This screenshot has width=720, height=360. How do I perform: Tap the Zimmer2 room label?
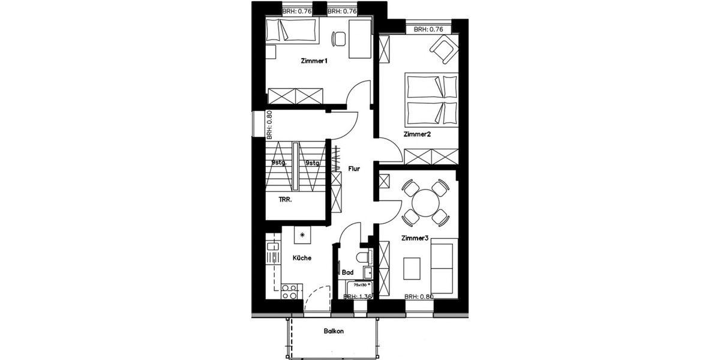[x=417, y=134]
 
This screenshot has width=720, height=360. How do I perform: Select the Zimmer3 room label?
[x=414, y=238]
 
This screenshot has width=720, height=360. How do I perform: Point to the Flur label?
[x=354, y=169]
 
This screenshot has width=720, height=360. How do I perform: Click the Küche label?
[x=301, y=259]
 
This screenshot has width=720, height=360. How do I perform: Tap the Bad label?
[x=347, y=272]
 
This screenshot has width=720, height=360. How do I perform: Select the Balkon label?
[x=334, y=331]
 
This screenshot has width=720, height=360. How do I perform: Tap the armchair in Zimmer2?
[x=445, y=49]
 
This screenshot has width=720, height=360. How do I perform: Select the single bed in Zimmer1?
[x=291, y=30]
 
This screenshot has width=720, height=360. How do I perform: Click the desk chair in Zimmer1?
[x=339, y=38]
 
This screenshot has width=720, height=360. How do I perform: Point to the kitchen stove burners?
[x=289, y=292]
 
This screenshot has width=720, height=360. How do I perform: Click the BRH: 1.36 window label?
[x=358, y=296]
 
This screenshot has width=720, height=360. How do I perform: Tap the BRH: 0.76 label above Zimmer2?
[x=428, y=29]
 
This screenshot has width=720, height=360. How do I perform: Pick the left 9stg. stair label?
[x=278, y=163]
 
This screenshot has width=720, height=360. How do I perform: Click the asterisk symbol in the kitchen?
[x=302, y=235]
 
